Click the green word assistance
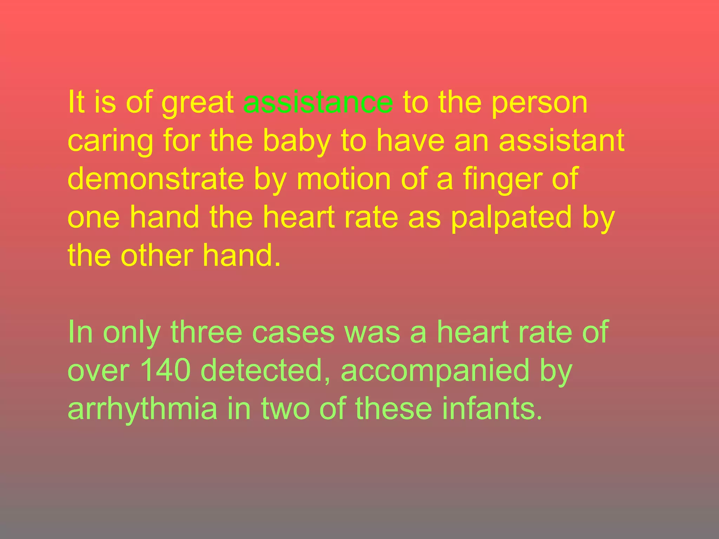(318, 102)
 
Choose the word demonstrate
(156, 179)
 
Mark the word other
(157, 255)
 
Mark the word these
(394, 408)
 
